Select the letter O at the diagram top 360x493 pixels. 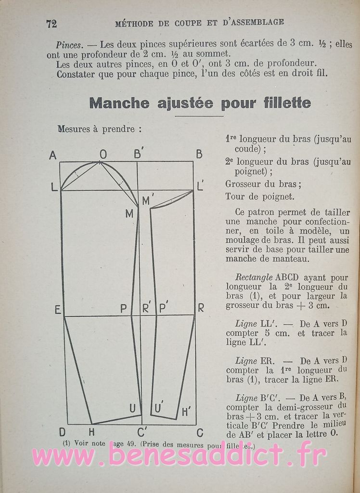pyautogui.click(x=103, y=155)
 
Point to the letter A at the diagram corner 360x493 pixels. pyautogui.click(x=53, y=155)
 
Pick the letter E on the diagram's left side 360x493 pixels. pyautogui.click(x=58, y=310)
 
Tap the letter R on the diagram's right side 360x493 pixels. pyautogui.click(x=201, y=308)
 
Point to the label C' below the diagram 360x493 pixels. pyautogui.click(x=142, y=432)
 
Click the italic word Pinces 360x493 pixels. pyautogui.click(x=69, y=45)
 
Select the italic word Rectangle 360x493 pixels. pyautogui.click(x=254, y=278)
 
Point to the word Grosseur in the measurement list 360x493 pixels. pyautogui.click(x=244, y=184)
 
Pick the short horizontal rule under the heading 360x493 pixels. pyautogui.click(x=199, y=116)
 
